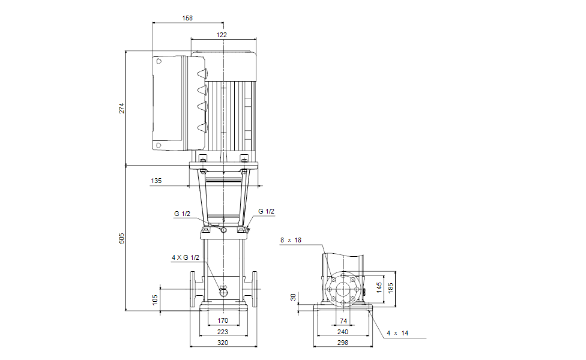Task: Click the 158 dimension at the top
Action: (x=187, y=19)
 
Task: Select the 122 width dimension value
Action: (x=222, y=35)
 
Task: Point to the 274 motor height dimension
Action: (x=121, y=108)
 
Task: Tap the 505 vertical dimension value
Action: (x=121, y=238)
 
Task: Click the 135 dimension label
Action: (x=156, y=180)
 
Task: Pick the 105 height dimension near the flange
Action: (x=156, y=299)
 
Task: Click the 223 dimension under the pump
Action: (x=223, y=332)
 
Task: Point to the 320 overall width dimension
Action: (x=223, y=343)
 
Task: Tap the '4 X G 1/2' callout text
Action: (x=185, y=257)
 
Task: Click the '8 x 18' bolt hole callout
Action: (x=291, y=240)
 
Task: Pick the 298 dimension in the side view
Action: (x=343, y=343)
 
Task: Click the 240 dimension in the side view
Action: (x=343, y=332)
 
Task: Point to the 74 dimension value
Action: (x=343, y=321)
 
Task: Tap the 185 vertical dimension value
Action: (x=390, y=287)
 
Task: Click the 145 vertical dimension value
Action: (x=379, y=287)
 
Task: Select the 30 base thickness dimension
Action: (x=293, y=297)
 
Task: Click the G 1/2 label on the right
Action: (x=266, y=211)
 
